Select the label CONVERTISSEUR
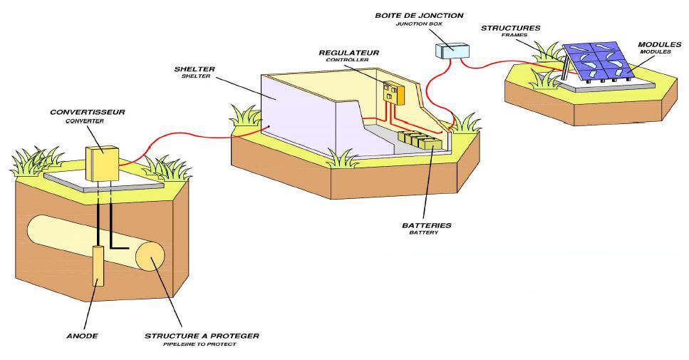click(x=78, y=113)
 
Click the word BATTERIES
click(x=427, y=225)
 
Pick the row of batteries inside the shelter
click(x=421, y=140)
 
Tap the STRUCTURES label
click(x=510, y=28)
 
